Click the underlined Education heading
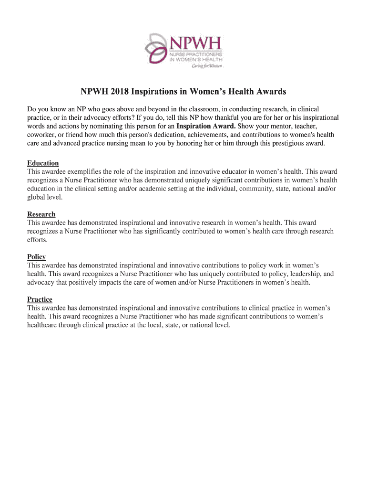[43, 163]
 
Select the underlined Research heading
[41, 214]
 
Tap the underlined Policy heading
[37, 257]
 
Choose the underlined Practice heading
[40, 299]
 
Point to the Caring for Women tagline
[206, 66]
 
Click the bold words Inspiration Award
[206, 126]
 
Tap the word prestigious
[278, 143]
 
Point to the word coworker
[43, 135]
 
